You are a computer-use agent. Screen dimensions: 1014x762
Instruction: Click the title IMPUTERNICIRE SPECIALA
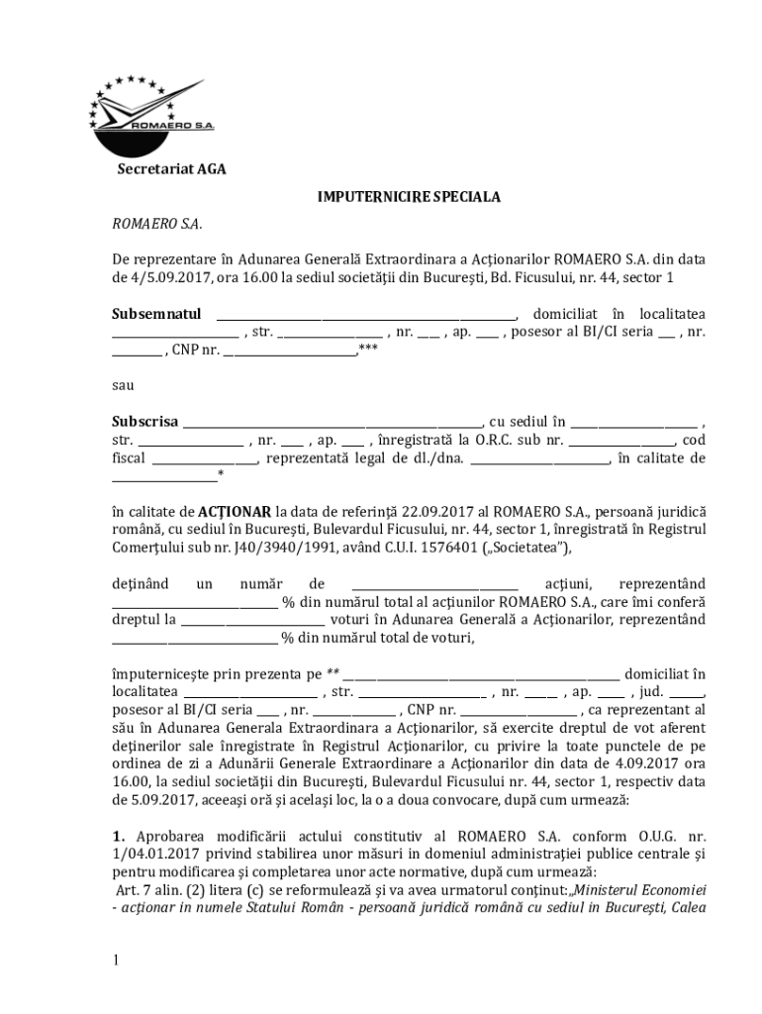[x=408, y=197]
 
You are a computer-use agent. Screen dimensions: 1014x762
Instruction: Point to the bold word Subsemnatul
[x=156, y=314]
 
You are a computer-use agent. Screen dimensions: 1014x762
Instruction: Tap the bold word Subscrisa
[x=144, y=422]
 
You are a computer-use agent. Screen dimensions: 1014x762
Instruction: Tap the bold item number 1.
[x=117, y=836]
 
